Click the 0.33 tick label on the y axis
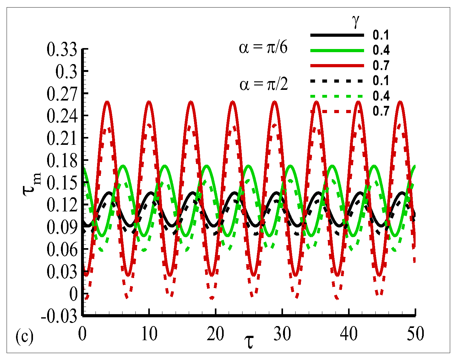pyautogui.click(x=62, y=50)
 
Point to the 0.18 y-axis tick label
pyautogui.click(x=62, y=161)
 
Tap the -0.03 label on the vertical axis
pyautogui.click(x=59, y=316)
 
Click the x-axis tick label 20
pyautogui.click(x=215, y=334)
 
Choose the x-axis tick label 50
pyautogui.click(x=415, y=334)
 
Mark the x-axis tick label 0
pyautogui.click(x=83, y=334)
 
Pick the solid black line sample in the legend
pyautogui.click(x=337, y=35)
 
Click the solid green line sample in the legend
pyautogui.click(x=337, y=50)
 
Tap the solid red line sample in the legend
pyautogui.click(x=337, y=66)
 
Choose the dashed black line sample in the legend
pyautogui.click(x=337, y=81)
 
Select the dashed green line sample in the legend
pyautogui.click(x=337, y=96)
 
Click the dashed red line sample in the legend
pyautogui.click(x=337, y=111)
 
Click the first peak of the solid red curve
pyautogui.click(x=107, y=101)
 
